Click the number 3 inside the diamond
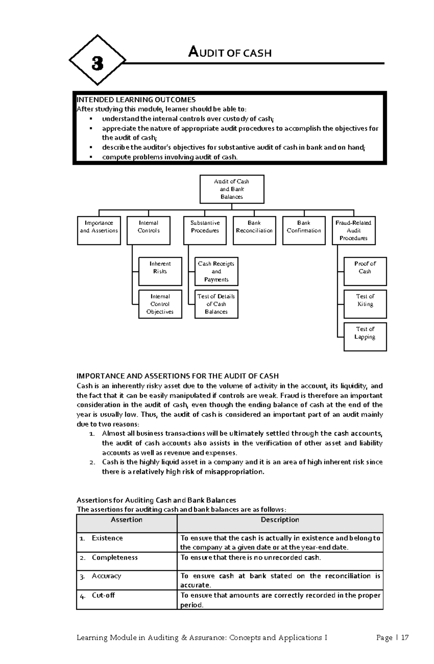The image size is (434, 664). pos(97,64)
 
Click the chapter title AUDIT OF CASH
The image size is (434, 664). pos(230,53)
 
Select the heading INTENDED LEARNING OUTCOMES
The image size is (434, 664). pos(136,100)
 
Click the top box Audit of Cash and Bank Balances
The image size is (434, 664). pos(232,189)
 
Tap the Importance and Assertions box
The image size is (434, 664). pos(99,231)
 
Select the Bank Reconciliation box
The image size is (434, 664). pos(254,231)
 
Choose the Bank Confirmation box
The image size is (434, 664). pos(304,231)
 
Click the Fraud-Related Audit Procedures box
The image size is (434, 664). pos(353,231)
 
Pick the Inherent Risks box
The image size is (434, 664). pos(160,271)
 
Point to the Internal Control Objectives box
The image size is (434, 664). pos(160,304)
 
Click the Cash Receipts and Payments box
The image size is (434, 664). pos(216,272)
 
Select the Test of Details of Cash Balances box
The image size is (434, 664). pos(216,304)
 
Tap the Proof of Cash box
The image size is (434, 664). pos(365,271)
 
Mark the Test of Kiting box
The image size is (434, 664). pos(365,304)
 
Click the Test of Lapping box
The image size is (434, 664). pos(365,337)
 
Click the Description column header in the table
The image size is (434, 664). pos(280,520)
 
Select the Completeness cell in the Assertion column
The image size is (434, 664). pos(115,558)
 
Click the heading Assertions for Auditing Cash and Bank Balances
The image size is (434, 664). pos(156,500)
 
